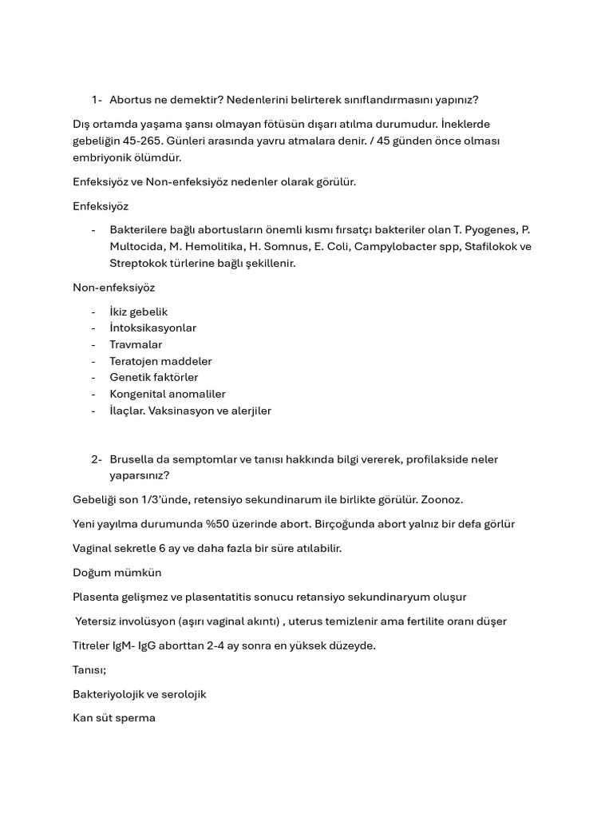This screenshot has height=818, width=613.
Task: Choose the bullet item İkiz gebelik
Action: point(139,312)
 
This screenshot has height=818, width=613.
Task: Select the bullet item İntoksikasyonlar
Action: point(152,328)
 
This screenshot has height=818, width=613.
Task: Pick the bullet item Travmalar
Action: point(136,344)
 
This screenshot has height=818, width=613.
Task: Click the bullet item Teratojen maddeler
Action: point(160,361)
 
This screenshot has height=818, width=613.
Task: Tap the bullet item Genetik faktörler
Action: point(154,377)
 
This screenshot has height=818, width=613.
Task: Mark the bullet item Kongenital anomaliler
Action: point(168,394)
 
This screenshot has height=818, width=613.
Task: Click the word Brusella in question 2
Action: point(132,459)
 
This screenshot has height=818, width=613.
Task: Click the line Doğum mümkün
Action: point(117,573)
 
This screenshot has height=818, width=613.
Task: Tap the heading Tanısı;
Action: point(89,670)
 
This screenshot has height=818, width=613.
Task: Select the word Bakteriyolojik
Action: point(111,694)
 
